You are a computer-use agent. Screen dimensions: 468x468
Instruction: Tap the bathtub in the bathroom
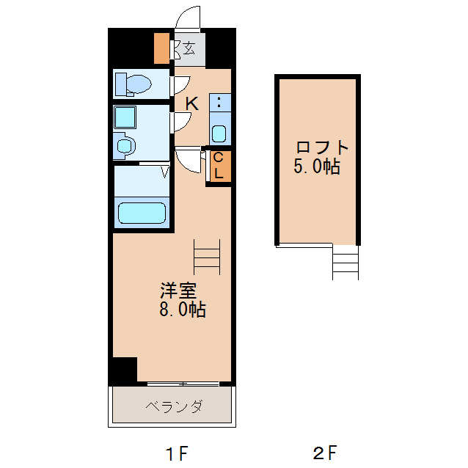[143, 213]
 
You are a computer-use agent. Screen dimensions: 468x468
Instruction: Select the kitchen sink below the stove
[219, 134]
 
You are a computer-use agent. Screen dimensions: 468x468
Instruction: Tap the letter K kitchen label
[191, 103]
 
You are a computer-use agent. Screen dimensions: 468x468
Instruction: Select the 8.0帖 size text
[183, 309]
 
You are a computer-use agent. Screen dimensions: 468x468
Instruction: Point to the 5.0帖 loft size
[317, 167]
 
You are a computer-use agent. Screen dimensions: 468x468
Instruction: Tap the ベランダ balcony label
[173, 406]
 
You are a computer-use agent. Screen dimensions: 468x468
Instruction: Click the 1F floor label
[175, 453]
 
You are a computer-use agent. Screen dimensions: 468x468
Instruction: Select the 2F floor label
[325, 453]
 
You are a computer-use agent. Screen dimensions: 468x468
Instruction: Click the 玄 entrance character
[189, 49]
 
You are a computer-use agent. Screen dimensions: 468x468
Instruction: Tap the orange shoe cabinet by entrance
[161, 48]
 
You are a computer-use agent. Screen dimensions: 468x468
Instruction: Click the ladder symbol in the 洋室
[207, 257]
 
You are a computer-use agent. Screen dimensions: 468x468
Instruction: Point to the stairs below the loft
[345, 262]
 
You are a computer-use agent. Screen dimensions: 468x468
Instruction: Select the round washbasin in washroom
[124, 146]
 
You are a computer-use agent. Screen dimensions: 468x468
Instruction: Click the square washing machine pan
[125, 117]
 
